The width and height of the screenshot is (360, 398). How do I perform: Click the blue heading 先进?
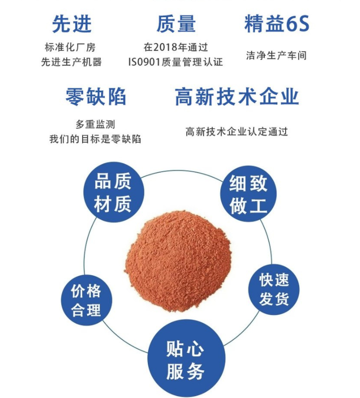(x=72, y=24)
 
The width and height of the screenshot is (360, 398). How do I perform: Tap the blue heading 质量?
(x=176, y=24)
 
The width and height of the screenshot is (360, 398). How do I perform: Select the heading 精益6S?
(x=277, y=23)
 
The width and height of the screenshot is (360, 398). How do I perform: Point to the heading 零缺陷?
(x=96, y=97)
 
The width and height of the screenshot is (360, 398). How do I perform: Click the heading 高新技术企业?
(x=237, y=96)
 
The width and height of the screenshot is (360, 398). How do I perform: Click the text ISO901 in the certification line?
(x=144, y=62)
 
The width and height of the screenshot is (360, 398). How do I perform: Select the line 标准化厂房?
(x=70, y=47)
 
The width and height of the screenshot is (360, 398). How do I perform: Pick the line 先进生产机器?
(x=72, y=62)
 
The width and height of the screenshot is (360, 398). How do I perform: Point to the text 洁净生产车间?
(x=276, y=55)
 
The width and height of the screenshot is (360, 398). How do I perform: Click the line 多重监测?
(x=96, y=124)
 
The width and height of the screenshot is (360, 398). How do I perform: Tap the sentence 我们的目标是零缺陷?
(x=95, y=139)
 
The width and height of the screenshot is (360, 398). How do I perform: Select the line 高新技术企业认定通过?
(x=237, y=132)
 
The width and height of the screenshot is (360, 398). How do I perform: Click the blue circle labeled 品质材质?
(x=114, y=192)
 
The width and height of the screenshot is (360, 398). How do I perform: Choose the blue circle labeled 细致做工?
(x=248, y=194)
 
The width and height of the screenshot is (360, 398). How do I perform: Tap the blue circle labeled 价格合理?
(x=86, y=300)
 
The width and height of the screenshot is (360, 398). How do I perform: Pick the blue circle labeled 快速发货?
(x=274, y=289)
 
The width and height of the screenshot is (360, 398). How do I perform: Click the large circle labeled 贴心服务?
(x=186, y=359)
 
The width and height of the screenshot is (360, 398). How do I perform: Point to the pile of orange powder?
(x=178, y=261)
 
